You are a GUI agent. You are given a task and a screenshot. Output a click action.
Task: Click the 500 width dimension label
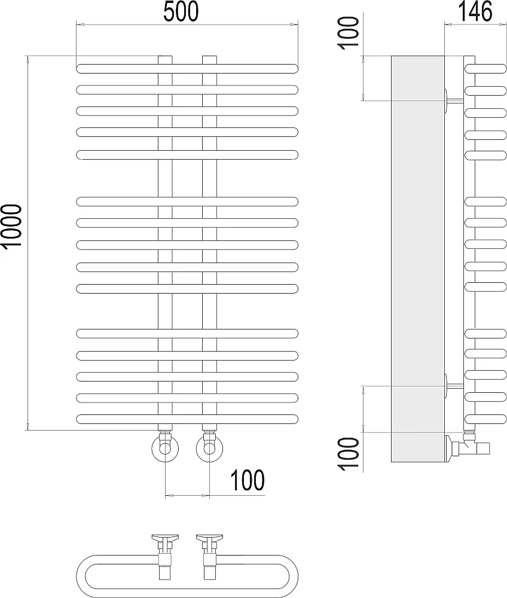click(x=181, y=11)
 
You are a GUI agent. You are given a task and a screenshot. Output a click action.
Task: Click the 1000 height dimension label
click(x=11, y=227)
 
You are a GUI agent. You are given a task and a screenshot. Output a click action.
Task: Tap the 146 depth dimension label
click(x=475, y=11)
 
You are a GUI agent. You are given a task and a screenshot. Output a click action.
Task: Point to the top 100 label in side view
click(x=349, y=32)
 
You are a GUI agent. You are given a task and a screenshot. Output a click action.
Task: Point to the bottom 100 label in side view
click(x=349, y=454)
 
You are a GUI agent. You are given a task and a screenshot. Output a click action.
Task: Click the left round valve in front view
click(x=165, y=448)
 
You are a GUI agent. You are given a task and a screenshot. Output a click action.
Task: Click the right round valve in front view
click(x=209, y=448)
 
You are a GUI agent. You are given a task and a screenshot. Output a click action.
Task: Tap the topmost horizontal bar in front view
click(x=187, y=69)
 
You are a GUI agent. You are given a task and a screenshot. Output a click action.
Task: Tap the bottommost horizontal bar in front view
click(x=187, y=419)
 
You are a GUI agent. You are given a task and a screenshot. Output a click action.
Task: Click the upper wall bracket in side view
click(x=454, y=100)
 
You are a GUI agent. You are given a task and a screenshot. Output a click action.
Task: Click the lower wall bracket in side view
click(x=454, y=386)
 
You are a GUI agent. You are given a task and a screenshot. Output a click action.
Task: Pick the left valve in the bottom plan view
click(x=165, y=556)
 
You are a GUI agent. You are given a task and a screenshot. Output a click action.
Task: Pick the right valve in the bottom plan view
click(x=209, y=556)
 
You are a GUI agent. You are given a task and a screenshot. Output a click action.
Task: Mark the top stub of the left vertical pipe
click(x=165, y=60)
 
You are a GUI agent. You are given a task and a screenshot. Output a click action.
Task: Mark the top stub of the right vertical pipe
click(x=209, y=60)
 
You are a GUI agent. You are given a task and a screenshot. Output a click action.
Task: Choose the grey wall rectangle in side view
click(x=418, y=259)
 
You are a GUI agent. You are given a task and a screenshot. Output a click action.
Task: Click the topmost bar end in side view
click(x=485, y=69)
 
